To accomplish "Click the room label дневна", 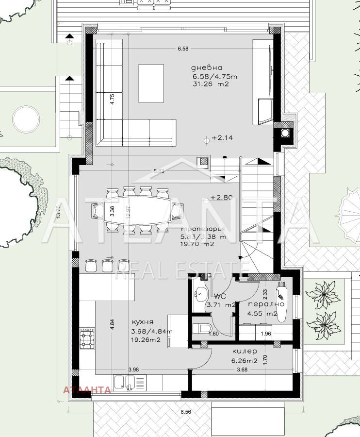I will (206, 68).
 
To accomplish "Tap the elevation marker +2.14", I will (222, 138).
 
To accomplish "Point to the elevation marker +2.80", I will (222, 198).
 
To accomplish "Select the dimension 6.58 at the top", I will (182, 49).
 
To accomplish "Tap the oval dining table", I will (138, 210).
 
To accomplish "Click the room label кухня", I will (142, 322).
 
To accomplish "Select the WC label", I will (220, 296).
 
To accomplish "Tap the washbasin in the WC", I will (199, 293).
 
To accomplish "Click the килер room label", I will (245, 351).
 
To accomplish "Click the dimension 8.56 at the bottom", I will (185, 411).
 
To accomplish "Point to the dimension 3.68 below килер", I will (241, 370).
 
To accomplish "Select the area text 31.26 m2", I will (211, 84).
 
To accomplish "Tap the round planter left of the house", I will (25, 119).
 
